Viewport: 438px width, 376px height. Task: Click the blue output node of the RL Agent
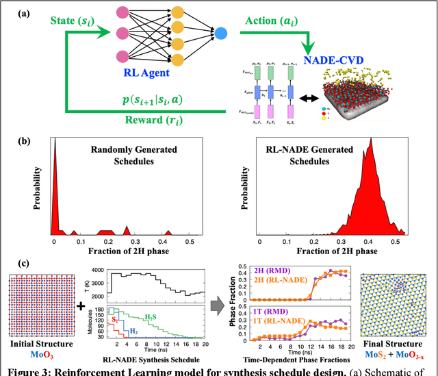(221, 32)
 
